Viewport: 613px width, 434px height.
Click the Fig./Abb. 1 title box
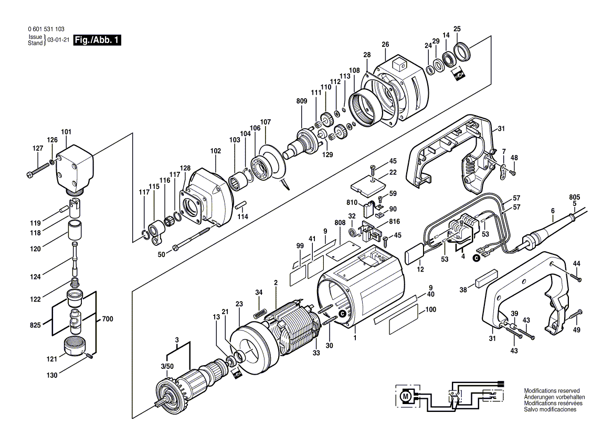tap(98, 40)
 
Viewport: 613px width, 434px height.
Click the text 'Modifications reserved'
tap(552, 391)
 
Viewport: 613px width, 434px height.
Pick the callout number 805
tap(575, 197)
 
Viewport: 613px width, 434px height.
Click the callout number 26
tap(385, 44)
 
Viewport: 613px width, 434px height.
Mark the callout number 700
tap(107, 319)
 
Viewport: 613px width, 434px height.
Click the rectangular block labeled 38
tap(486, 278)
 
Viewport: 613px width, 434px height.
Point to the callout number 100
tap(430, 311)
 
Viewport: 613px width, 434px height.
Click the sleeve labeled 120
tap(75, 231)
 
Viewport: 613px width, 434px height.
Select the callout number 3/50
tap(167, 366)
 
